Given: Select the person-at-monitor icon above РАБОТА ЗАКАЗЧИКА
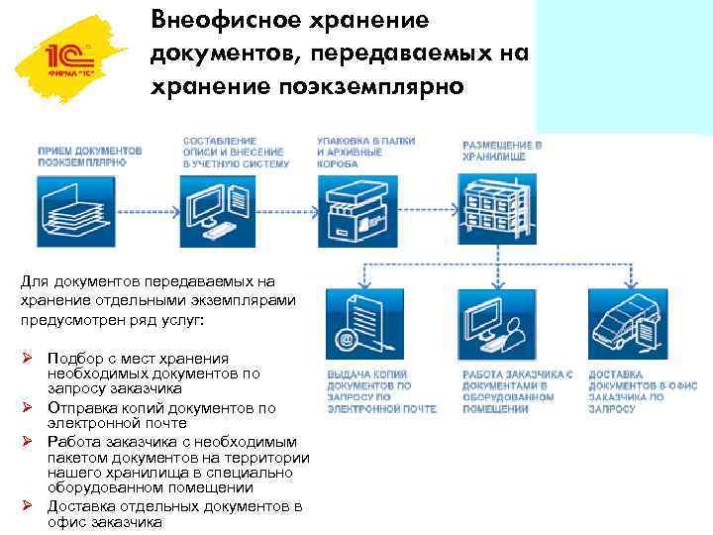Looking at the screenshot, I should point(491,323).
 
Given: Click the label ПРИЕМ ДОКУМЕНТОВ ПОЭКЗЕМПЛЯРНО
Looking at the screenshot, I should point(89,156).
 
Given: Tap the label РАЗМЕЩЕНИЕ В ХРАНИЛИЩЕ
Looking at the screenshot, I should point(502,151).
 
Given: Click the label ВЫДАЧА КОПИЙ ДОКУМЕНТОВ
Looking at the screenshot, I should point(367,391).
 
